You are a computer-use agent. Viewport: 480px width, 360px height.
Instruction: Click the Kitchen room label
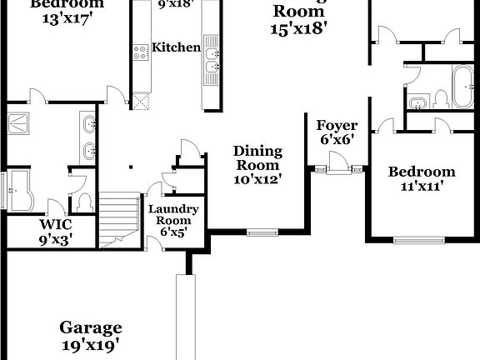[177, 47]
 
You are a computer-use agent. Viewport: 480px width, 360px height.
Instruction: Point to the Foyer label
[337, 126]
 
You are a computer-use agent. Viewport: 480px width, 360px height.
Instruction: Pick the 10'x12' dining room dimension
[257, 177]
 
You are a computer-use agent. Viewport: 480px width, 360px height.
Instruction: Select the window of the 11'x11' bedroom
[420, 241]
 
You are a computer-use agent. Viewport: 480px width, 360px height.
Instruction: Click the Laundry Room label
[173, 215]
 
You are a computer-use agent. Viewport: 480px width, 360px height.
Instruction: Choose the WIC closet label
[56, 225]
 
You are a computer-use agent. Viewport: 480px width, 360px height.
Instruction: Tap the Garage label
[90, 327]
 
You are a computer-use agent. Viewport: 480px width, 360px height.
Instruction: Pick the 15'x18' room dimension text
[298, 27]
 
